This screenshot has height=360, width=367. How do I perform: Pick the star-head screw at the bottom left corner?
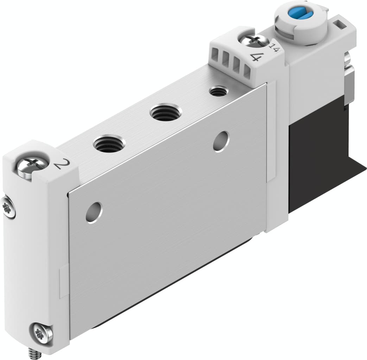tap(41, 332)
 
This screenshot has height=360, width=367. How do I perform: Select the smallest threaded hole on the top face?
tap(218, 92)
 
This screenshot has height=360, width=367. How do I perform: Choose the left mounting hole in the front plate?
tap(94, 212)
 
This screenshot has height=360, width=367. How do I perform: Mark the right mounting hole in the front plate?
tap(221, 141)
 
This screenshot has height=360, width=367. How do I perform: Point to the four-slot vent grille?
tap(231, 65)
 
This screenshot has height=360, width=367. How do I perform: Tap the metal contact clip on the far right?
tap(349, 81)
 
